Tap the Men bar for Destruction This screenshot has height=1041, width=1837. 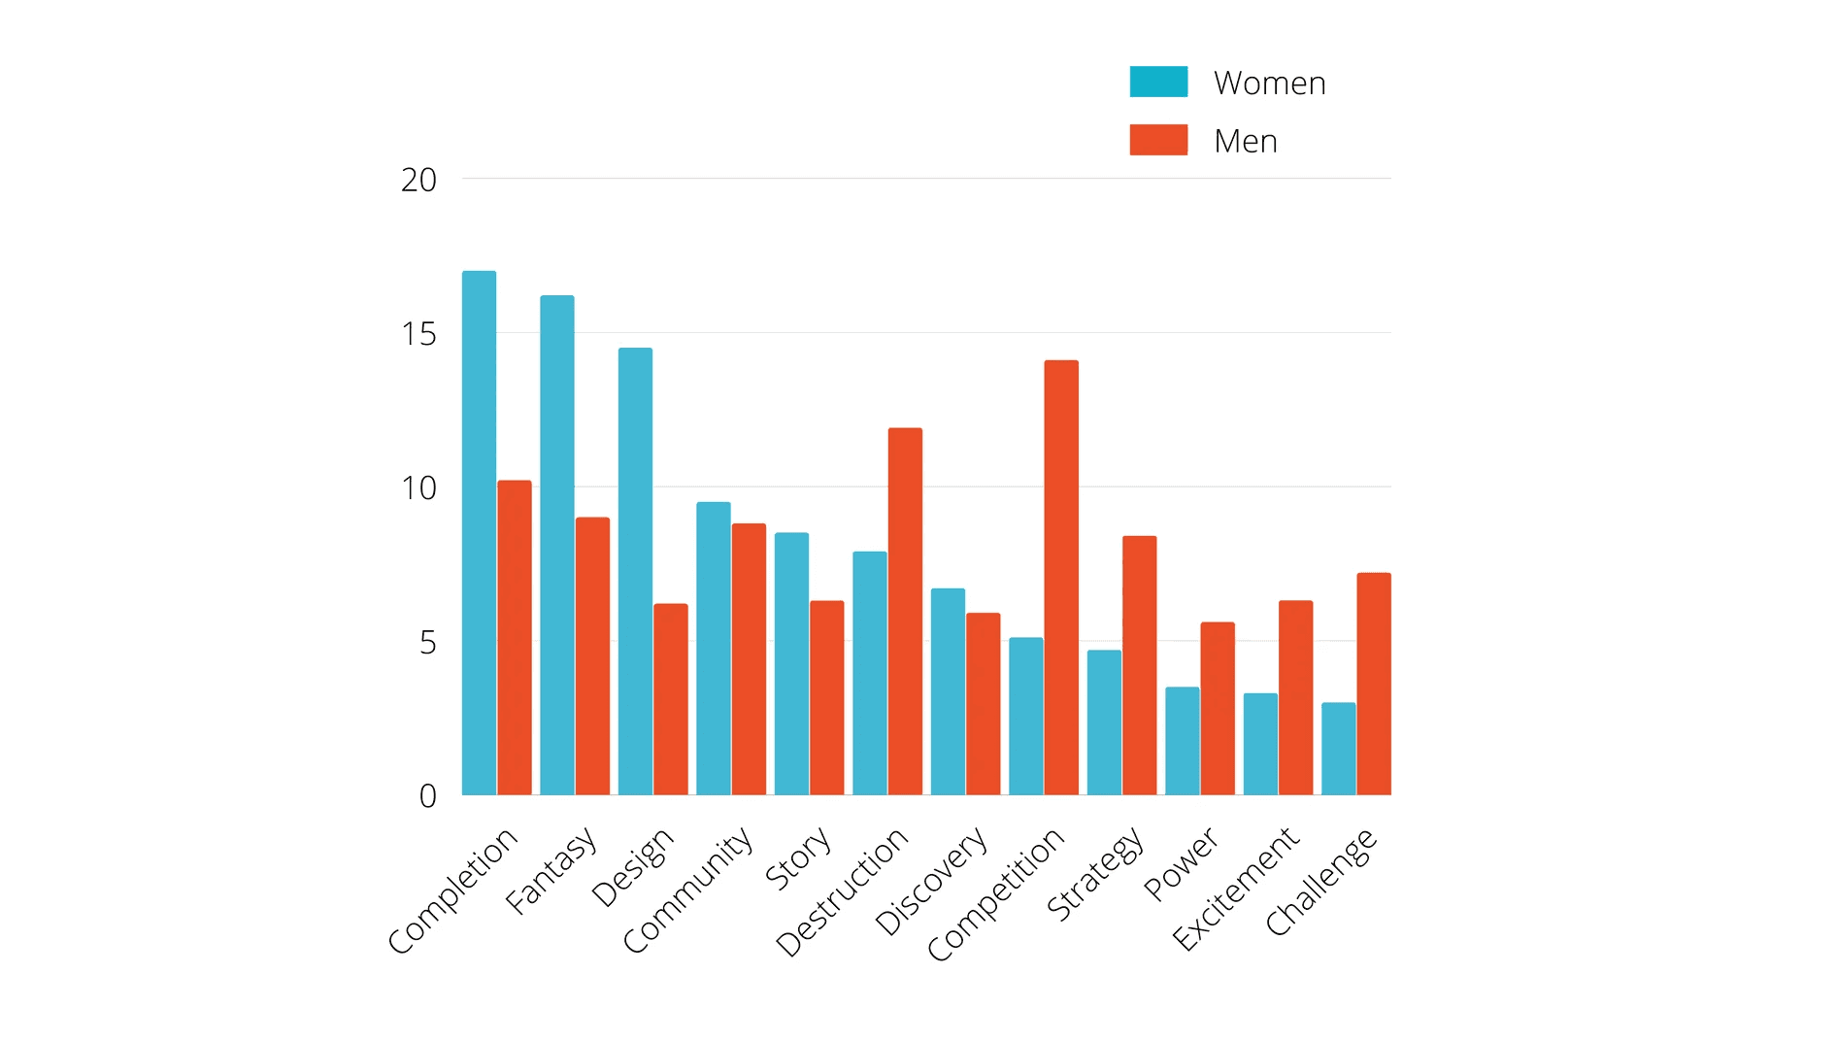pos(905,611)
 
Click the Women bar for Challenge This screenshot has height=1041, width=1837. pos(1338,749)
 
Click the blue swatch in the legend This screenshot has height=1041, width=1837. pos(1158,82)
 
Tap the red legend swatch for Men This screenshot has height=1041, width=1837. pos(1158,140)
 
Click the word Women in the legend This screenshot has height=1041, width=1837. pos(1269,84)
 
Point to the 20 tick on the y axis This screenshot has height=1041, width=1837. pos(418,180)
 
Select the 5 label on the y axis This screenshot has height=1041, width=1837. pos(427,642)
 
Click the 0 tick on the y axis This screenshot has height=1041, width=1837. pos(427,796)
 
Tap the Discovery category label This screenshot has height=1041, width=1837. pos(930,882)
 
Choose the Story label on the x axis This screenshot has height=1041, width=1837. pos(797,858)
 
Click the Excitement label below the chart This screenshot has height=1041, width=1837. pos(1235,889)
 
